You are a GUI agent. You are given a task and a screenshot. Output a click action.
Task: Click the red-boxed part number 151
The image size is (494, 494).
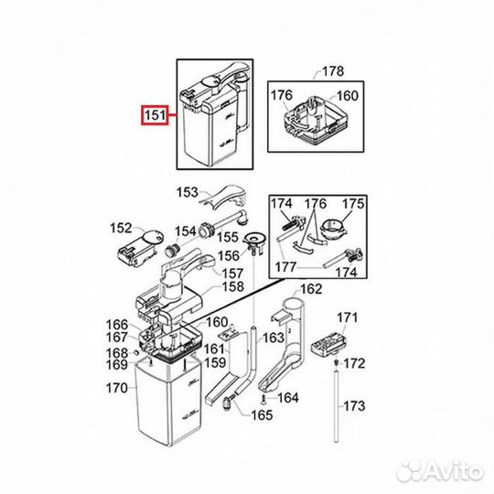pos(155,115)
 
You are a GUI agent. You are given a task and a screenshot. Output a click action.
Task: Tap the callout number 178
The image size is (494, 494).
pos(333,71)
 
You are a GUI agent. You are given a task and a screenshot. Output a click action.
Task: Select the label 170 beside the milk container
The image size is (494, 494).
pos(116,388)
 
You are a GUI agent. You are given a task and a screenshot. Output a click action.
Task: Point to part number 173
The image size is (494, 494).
pos(354,406)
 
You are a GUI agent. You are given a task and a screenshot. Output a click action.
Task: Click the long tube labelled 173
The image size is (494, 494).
pos(337,407)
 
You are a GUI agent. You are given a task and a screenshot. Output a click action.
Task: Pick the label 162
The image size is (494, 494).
pos(311,289)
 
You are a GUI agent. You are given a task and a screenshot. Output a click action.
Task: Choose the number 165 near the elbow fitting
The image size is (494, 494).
pos(262,415)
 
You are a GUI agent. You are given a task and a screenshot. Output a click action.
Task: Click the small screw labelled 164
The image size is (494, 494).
pos(263,400)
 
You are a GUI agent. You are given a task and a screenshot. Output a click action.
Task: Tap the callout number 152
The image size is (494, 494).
pos(121,228)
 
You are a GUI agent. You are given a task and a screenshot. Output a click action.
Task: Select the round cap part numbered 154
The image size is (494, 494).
pos(171,252)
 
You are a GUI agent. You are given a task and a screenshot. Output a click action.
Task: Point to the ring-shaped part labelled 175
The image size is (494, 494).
pos(334,231)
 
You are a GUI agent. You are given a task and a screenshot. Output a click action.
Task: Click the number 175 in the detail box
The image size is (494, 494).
pos(353,204)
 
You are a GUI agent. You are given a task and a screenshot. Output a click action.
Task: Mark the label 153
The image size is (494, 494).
pos(188,192)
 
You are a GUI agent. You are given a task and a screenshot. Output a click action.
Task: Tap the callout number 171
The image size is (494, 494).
pos(348,317)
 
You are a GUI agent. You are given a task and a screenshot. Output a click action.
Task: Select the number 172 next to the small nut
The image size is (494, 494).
pos(354,363)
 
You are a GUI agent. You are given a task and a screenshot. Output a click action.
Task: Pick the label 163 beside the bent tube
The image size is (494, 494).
pos(274,338)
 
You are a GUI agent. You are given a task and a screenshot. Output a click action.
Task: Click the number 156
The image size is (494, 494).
pos(229,256)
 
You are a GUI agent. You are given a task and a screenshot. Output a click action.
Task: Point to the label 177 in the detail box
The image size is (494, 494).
pos(285,267)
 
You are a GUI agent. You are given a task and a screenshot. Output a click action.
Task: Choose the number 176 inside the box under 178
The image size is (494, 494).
pos(282,95)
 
